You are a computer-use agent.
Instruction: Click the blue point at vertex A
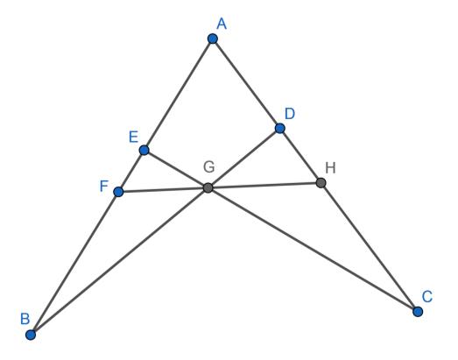[x=213, y=39]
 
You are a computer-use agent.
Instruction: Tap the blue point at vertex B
[x=31, y=335]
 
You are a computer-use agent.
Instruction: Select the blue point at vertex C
[x=418, y=312]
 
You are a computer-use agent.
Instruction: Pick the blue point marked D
[x=280, y=128]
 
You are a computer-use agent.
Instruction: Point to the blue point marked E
[x=144, y=150]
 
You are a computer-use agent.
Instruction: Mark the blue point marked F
[x=118, y=192]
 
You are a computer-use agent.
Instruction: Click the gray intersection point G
[x=208, y=188]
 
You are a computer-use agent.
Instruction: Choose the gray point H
[x=321, y=183]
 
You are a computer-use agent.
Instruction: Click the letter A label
[x=222, y=24]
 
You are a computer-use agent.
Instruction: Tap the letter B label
[x=25, y=319]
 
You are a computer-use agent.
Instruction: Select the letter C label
[x=427, y=297]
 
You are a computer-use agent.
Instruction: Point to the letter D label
[x=290, y=114]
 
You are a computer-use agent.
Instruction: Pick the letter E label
[x=133, y=137]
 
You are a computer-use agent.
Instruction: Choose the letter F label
[x=104, y=187]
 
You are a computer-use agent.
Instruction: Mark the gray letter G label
[x=209, y=167]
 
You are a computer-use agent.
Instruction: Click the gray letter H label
[x=330, y=168]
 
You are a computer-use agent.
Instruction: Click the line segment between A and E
[x=178, y=95]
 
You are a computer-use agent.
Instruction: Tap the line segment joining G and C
[x=313, y=250]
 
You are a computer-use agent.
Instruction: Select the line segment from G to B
[x=119, y=261]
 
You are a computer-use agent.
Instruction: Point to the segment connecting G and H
[x=264, y=186]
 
